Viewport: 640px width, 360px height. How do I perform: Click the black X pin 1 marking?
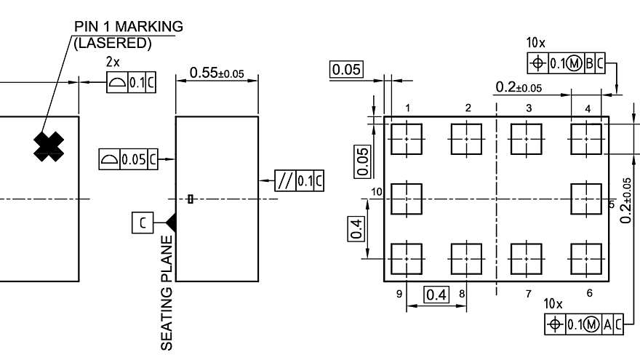click(49, 147)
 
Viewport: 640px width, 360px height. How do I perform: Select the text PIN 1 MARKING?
click(129, 27)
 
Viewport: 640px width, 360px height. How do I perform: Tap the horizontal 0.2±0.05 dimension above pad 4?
click(519, 88)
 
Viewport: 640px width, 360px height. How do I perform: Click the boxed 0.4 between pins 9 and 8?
click(437, 295)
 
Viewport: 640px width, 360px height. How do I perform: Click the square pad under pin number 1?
click(407, 138)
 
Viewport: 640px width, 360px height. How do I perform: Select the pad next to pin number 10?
click(407, 198)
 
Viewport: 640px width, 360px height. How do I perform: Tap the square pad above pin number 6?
click(586, 258)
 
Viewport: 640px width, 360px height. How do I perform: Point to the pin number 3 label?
click(529, 108)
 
